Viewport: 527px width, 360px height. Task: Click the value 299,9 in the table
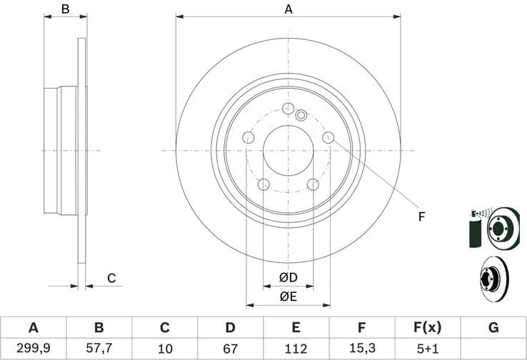coord(33,349)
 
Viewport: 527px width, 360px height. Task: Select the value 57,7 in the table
coord(99,349)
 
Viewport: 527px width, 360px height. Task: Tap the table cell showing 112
coord(296,349)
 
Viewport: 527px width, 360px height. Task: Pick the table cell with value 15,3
coord(361,349)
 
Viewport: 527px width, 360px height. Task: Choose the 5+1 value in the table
coord(427,349)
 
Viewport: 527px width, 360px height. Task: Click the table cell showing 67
coord(230,349)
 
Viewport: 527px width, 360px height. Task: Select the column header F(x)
coord(427,328)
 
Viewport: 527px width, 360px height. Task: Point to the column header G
coord(493,328)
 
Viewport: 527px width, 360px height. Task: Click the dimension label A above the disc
coord(288,9)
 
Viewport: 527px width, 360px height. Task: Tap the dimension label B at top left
coord(65,9)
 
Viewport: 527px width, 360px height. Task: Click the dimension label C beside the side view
coord(111,278)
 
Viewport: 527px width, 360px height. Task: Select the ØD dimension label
coord(288,277)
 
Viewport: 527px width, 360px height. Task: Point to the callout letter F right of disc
coord(421,216)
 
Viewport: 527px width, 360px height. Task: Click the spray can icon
coord(476,229)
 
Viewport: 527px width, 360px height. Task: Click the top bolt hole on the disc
coord(288,109)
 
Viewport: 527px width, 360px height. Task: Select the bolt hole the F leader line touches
coord(328,137)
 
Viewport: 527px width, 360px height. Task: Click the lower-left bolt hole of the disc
coord(263,184)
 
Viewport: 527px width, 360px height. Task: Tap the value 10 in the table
coord(164,349)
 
